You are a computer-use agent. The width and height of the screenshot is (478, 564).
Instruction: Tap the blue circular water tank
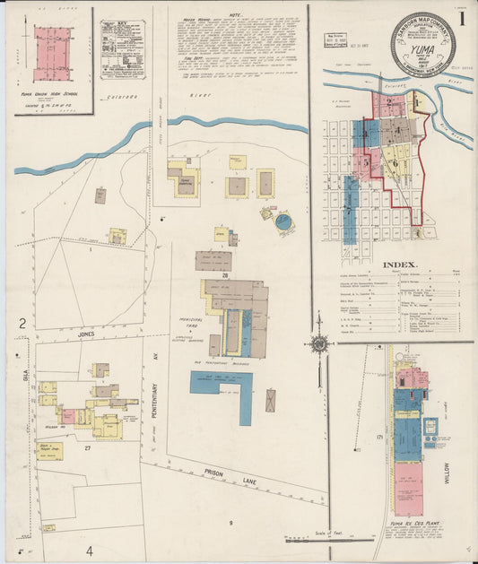coord(283,221)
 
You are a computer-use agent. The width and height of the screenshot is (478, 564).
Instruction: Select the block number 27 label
coord(88,447)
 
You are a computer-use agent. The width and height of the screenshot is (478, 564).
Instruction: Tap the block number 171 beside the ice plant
coord(379,437)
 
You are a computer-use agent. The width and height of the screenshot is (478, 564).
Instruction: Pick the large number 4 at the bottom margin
coord(89,549)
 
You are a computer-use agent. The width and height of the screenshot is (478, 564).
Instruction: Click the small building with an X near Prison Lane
coord(271,400)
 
